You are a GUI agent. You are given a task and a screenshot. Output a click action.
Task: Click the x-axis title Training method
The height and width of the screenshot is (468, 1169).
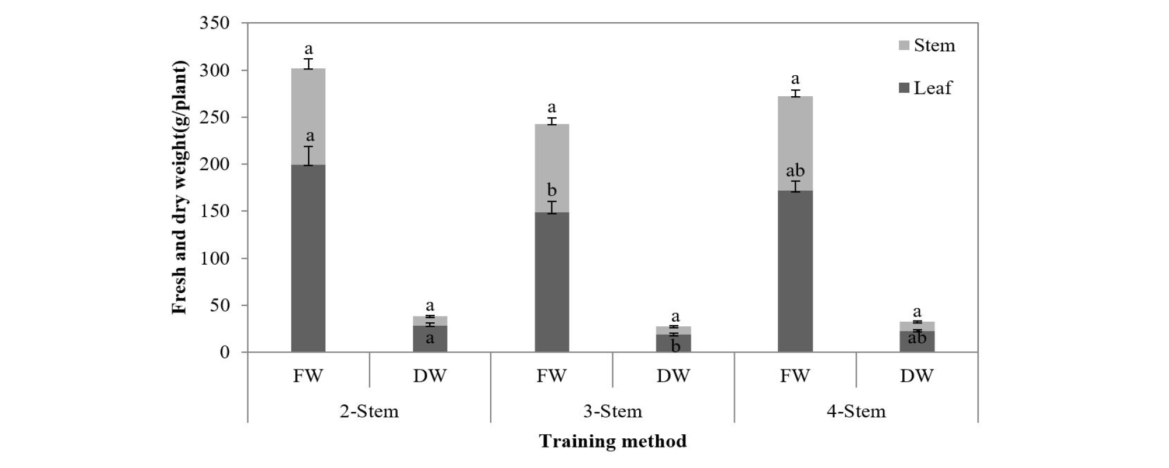pyautogui.click(x=612, y=441)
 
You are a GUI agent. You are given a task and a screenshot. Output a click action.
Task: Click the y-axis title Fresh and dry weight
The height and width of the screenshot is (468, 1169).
pyautogui.click(x=180, y=188)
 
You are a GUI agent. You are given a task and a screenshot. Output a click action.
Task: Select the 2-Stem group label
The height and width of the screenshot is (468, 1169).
pyautogui.click(x=369, y=411)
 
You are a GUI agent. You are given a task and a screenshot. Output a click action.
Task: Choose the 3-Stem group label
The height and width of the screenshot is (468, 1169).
pyautogui.click(x=612, y=411)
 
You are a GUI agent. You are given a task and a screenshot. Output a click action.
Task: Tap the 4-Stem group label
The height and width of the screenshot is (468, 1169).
pyautogui.click(x=856, y=411)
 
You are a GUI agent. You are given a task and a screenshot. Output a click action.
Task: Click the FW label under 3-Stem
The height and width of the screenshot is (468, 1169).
pyautogui.click(x=551, y=376)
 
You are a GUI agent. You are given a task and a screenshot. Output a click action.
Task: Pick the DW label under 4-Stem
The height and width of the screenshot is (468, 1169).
pyautogui.click(x=916, y=376)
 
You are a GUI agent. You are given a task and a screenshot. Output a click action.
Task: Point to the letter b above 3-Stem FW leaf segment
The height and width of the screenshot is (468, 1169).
pyautogui.click(x=551, y=191)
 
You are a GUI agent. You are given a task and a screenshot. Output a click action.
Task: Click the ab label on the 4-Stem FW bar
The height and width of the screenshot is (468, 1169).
pyautogui.click(x=795, y=171)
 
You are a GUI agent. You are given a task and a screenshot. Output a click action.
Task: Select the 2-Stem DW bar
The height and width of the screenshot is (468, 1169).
pyautogui.click(x=430, y=335)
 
